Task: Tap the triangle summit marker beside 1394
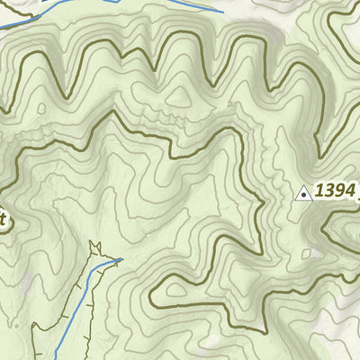pos(304,192)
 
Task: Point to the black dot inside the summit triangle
pos(304,193)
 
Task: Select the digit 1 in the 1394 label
pos(319,191)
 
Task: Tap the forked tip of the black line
pos(93,246)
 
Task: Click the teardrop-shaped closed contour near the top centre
pos(179,93)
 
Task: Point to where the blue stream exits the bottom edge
pos(56,357)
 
